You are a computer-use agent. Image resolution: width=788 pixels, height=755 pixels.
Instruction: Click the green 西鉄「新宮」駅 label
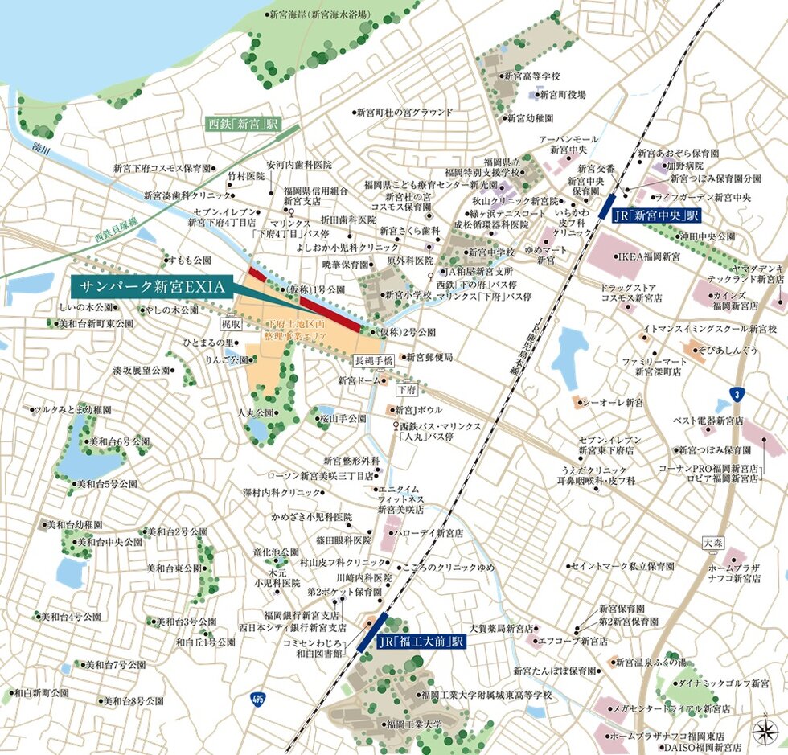tap(242, 125)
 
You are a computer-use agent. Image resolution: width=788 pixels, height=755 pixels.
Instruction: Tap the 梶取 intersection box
tap(231, 323)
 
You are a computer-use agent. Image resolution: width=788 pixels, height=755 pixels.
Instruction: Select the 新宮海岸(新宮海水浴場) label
tap(318, 14)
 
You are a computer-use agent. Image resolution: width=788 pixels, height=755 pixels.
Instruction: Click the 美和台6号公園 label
tap(119, 441)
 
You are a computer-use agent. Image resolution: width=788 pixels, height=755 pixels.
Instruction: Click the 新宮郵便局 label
tap(429, 356)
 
